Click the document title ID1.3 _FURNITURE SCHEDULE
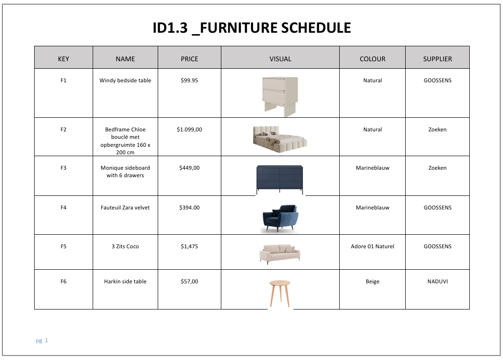(252, 28)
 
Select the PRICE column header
(189, 59)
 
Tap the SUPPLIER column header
(437, 59)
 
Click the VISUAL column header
(280, 59)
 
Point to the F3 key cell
(64, 168)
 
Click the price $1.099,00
(189, 130)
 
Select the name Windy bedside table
(125, 80)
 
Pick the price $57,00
(189, 281)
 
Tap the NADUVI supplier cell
(437, 281)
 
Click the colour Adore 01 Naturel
(372, 246)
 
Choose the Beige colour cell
(372, 281)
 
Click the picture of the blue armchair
(280, 218)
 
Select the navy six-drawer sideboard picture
(280, 180)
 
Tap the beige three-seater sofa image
(280, 254)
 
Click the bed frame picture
(280, 139)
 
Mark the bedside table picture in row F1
(280, 96)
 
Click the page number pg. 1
(42, 340)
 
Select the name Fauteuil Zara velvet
(125, 208)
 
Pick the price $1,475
(189, 246)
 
